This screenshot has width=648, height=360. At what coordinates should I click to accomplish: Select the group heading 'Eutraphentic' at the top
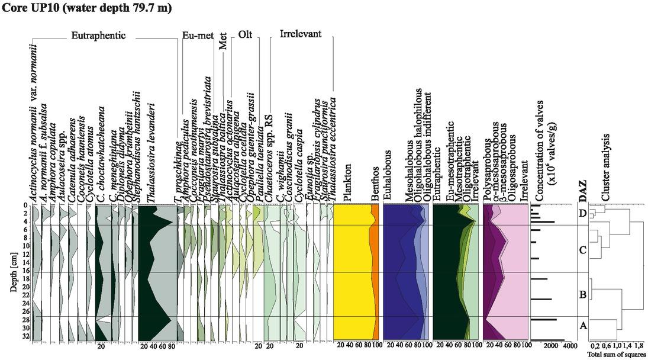98,36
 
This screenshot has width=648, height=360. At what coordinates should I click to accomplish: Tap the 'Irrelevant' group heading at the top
300,34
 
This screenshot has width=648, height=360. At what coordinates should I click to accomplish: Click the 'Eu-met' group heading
198,36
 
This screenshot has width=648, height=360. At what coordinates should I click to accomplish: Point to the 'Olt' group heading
245,35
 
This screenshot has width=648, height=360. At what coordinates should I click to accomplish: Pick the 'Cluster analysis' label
605,167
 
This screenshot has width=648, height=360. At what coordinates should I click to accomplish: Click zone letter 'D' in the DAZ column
583,214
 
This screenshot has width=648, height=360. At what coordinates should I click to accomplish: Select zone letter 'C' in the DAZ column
583,250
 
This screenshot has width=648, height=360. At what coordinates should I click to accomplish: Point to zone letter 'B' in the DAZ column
583,294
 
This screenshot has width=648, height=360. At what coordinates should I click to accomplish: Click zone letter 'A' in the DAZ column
583,325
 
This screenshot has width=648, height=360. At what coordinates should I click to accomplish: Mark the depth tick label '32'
25,336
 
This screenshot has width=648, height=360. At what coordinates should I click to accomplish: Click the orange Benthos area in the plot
375,272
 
